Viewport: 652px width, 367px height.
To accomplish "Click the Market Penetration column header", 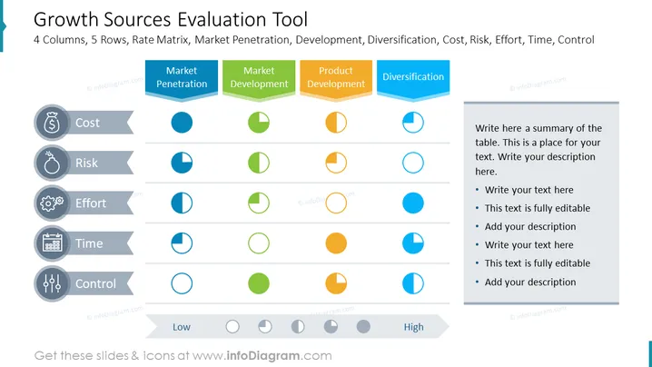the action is (182, 80).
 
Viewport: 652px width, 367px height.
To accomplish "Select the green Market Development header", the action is (259, 80).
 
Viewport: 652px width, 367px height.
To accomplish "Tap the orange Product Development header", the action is (336, 80).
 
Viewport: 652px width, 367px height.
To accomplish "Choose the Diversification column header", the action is (413, 80).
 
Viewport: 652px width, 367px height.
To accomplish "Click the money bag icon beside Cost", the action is (52, 123).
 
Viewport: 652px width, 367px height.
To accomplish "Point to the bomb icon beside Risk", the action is (52, 163).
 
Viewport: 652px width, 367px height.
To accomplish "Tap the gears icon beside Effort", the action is (52, 203).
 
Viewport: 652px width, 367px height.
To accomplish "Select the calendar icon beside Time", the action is (52, 243).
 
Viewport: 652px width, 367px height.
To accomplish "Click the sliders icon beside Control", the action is (52, 283).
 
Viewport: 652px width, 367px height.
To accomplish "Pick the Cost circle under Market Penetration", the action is (182, 123).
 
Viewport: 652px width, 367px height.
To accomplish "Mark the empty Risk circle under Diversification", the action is (413, 163).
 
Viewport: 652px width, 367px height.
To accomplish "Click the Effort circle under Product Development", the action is (336, 203).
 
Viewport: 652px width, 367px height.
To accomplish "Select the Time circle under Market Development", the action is (259, 243).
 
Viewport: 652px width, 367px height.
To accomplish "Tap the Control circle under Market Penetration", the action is (182, 283).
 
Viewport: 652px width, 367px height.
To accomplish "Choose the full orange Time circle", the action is (336, 243).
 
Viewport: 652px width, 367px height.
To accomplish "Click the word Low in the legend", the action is (182, 327).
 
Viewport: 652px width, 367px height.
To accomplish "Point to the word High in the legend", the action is (413, 327).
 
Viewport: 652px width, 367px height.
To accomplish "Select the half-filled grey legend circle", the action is (298, 327).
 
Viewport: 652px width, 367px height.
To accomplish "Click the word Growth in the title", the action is (65, 20).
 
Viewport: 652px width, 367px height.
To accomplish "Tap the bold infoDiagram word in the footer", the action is (263, 356).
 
